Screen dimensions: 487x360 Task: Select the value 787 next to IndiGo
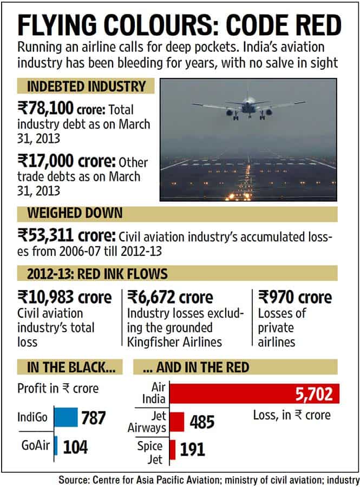click(93, 418)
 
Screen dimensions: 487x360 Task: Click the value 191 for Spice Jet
click(193, 449)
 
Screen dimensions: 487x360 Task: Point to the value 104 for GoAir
click(75, 446)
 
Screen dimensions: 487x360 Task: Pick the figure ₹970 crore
click(296, 297)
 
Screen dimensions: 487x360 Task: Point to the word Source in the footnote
click(77, 479)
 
